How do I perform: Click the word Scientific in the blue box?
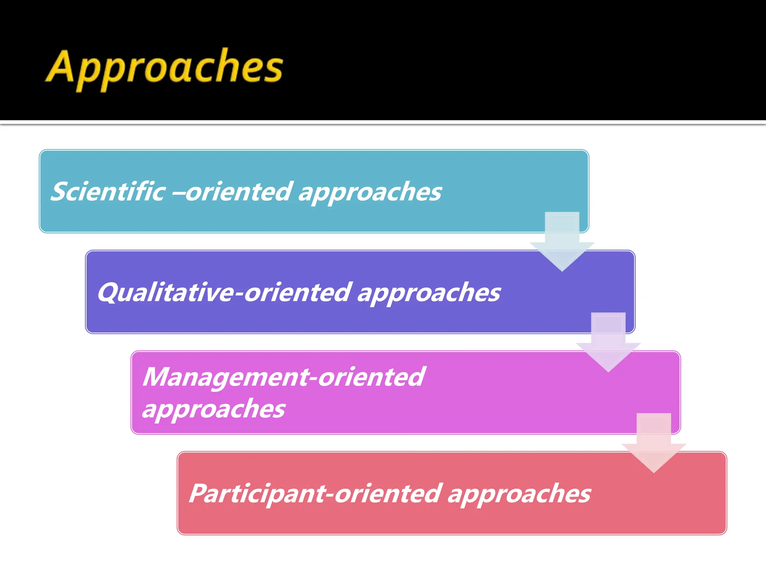pyautogui.click(x=108, y=192)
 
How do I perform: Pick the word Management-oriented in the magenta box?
pyautogui.click(x=284, y=377)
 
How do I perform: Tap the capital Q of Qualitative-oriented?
pyautogui.click(x=109, y=292)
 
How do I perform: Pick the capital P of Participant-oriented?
pyautogui.click(x=199, y=493)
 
